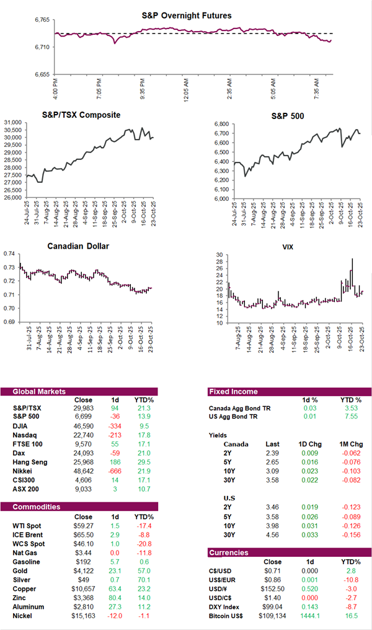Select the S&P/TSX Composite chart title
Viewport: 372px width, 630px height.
pyautogui.click(x=81, y=115)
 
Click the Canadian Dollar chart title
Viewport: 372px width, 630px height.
pyautogui.click(x=78, y=246)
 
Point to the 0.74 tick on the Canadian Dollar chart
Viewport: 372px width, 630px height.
pyautogui.click(x=9, y=254)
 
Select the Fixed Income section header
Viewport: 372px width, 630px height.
pyautogui.click(x=234, y=391)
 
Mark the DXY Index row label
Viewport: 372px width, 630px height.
pyautogui.click(x=226, y=606)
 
